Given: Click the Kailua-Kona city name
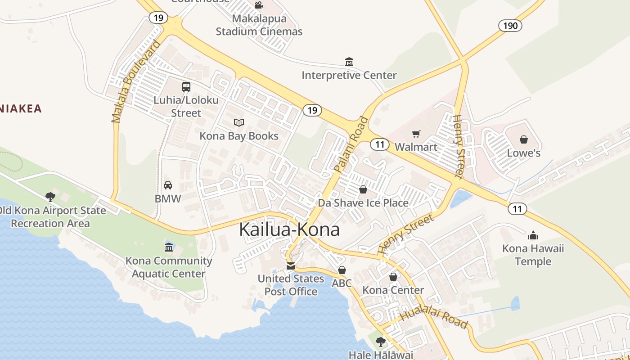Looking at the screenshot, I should pyautogui.click(x=289, y=229).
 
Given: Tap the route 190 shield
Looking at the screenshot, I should pyautogui.click(x=510, y=26).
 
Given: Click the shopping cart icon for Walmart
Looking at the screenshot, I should pyautogui.click(x=416, y=134).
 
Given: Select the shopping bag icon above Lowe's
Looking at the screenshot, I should pyautogui.click(x=523, y=139).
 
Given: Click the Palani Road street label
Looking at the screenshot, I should pyautogui.click(x=351, y=144).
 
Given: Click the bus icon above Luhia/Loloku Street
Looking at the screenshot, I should pyautogui.click(x=186, y=87).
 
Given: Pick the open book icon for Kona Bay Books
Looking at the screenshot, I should pyautogui.click(x=239, y=122).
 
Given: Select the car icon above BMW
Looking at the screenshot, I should pyautogui.click(x=168, y=185).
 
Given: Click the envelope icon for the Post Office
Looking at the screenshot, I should pyautogui.click(x=291, y=265).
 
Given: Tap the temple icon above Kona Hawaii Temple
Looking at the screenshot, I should pyautogui.click(x=533, y=235).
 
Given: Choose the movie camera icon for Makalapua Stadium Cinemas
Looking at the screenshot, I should pyautogui.click(x=259, y=5).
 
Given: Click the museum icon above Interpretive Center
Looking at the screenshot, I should pyautogui.click(x=349, y=62).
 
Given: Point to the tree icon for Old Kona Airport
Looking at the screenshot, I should pyautogui.click(x=50, y=197).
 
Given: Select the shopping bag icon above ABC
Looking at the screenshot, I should pyautogui.click(x=342, y=270).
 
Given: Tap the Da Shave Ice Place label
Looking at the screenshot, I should pyautogui.click(x=363, y=202).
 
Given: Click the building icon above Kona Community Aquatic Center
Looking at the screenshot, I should pyautogui.click(x=169, y=247).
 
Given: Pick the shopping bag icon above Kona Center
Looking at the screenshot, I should pyautogui.click(x=393, y=277).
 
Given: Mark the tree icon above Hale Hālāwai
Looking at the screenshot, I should pyautogui.click(x=381, y=342).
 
